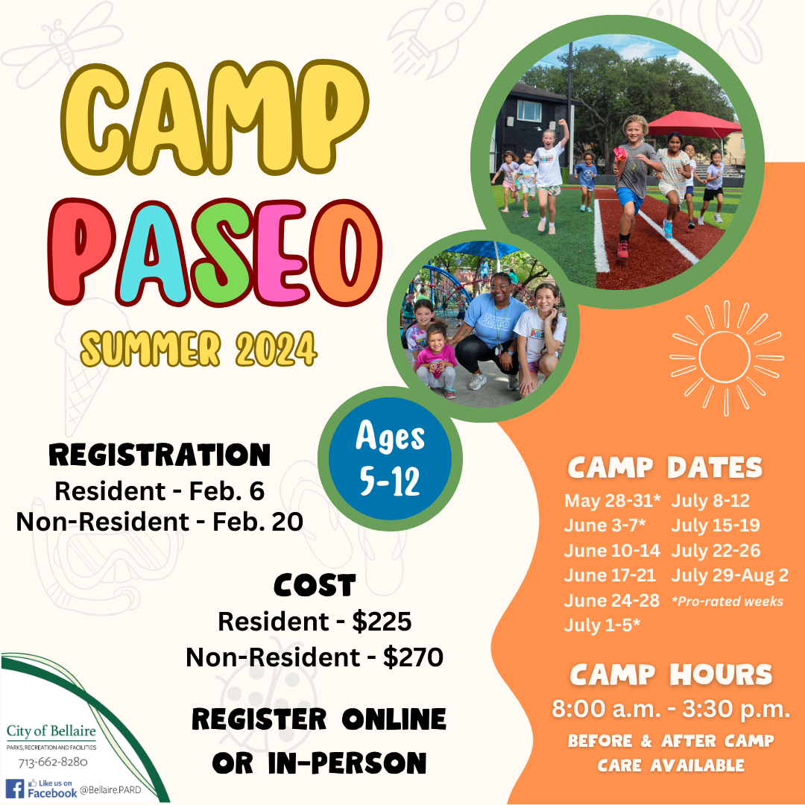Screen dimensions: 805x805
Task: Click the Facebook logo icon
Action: pos(15,789)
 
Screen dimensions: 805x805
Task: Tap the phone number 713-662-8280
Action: pos(53,762)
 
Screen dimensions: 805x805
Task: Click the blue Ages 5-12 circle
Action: pos(390,458)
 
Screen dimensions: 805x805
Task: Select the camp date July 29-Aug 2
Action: pos(729,575)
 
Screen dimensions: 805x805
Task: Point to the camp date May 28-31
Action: pos(613,500)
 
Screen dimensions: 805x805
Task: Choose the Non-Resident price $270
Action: pos(413,657)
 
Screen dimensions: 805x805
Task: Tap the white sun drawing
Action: pos(726,358)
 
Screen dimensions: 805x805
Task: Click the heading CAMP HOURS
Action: pos(671,675)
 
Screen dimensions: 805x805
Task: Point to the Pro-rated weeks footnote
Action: pos(727,601)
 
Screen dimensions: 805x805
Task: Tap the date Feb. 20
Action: pos(258,522)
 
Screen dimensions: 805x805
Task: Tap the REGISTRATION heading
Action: pos(160,454)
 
